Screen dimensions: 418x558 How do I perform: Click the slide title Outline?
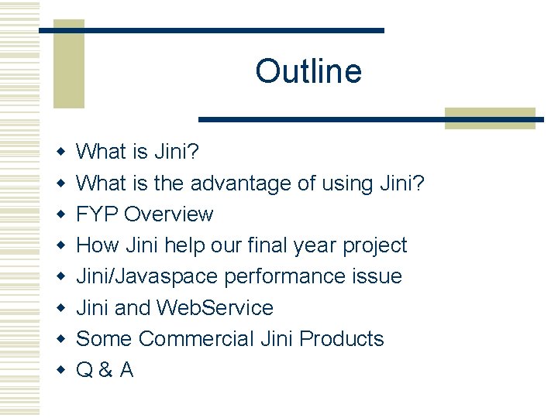pos(308,71)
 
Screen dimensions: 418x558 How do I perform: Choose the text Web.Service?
pos(215,308)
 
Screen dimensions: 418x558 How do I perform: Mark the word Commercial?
pos(195,339)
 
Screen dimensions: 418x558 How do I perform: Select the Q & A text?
pos(105,370)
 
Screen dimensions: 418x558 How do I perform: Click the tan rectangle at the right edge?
pos(490,118)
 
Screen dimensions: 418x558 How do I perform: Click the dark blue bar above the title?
pos(212,30)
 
